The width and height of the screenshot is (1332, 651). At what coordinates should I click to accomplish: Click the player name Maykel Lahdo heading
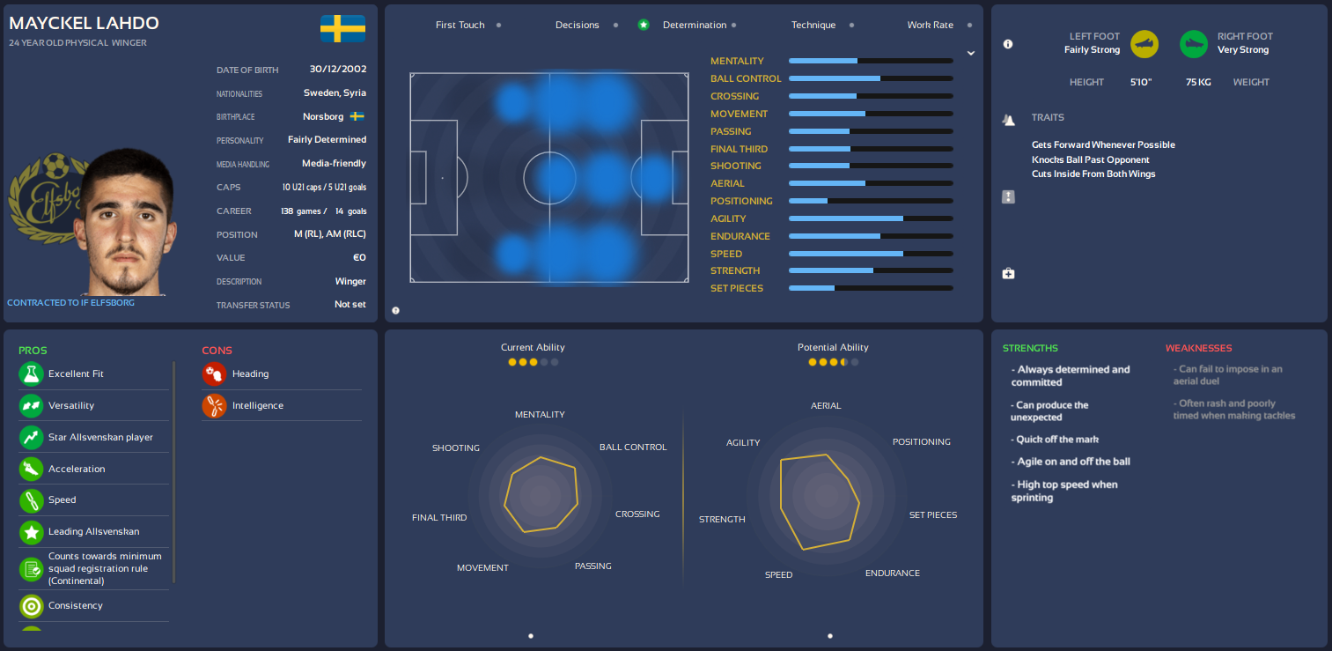point(85,23)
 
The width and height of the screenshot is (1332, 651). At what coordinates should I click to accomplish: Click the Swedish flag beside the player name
point(342,28)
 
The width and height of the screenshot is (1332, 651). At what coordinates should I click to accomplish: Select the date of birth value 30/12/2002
point(338,69)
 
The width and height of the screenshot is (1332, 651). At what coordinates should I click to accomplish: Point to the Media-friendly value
point(334,163)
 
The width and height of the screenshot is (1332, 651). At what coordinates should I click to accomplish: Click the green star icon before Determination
point(644,25)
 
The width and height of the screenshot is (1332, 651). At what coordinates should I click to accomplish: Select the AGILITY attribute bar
point(870,218)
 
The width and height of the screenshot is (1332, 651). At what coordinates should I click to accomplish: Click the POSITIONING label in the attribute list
point(741,201)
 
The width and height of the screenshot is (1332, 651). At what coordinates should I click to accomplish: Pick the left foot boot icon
point(1144,43)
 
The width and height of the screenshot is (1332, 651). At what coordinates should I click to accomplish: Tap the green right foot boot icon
point(1194,43)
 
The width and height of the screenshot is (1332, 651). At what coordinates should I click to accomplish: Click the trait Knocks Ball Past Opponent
point(1090,159)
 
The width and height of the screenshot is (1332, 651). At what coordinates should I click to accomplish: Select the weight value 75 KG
point(1198,82)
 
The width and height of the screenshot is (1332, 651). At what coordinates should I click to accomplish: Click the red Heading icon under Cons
point(214,374)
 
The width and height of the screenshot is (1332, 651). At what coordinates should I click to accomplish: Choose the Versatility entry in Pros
point(71,405)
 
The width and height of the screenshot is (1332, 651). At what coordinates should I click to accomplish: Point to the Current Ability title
point(533,347)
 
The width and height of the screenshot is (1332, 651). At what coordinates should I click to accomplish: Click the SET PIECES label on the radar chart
point(932,514)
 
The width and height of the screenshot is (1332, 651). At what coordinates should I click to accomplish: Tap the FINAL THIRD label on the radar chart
point(439,517)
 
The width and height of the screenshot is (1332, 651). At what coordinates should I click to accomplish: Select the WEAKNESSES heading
point(1198,348)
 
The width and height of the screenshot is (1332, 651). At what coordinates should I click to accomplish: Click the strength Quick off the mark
point(1055,439)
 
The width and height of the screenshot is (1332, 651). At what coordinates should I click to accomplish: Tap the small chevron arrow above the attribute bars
point(970,53)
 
